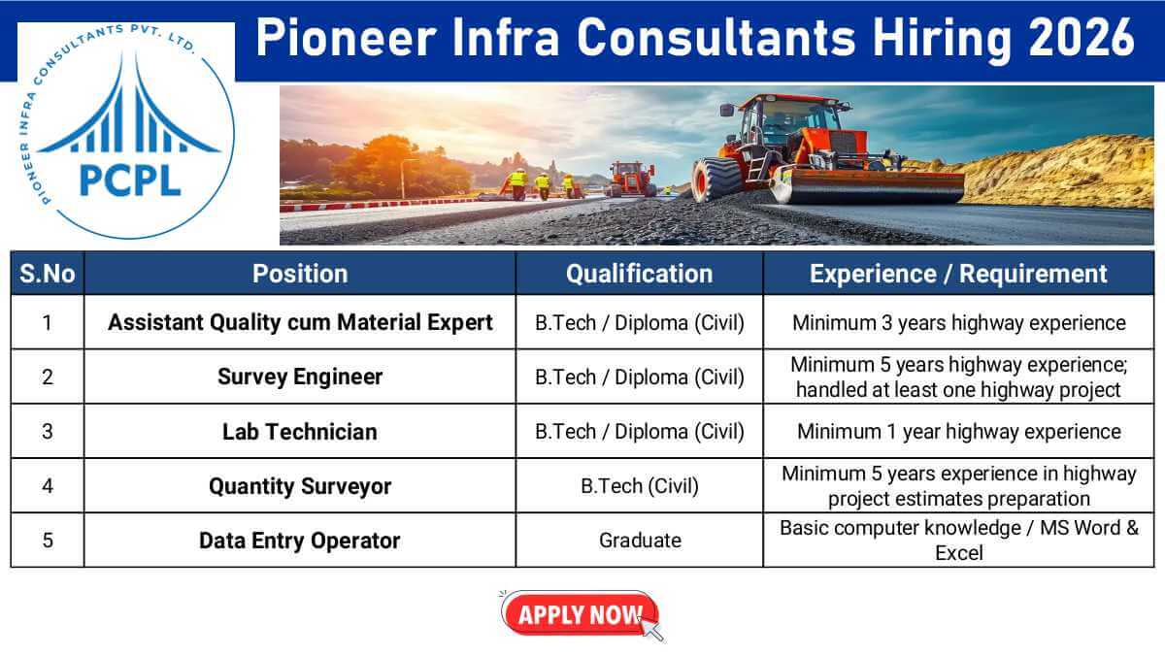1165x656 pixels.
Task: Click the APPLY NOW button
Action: point(580,613)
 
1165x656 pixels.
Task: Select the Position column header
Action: point(299,274)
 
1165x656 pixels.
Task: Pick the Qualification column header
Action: point(639,274)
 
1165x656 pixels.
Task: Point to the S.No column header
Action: point(48,274)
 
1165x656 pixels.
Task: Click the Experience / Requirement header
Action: point(958,274)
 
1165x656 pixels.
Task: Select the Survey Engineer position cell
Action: point(299,377)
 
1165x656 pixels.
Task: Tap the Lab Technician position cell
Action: point(299,431)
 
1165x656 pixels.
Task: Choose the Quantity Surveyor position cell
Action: point(299,486)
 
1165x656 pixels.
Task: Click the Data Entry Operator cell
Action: point(299,541)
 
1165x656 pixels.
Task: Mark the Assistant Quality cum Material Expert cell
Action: point(299,322)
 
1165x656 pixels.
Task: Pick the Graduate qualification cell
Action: point(639,541)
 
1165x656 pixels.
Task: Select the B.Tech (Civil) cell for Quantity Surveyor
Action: point(639,486)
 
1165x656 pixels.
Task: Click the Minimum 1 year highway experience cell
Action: point(958,431)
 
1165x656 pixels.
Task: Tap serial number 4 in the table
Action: point(48,486)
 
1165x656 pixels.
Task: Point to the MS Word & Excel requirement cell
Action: point(958,541)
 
